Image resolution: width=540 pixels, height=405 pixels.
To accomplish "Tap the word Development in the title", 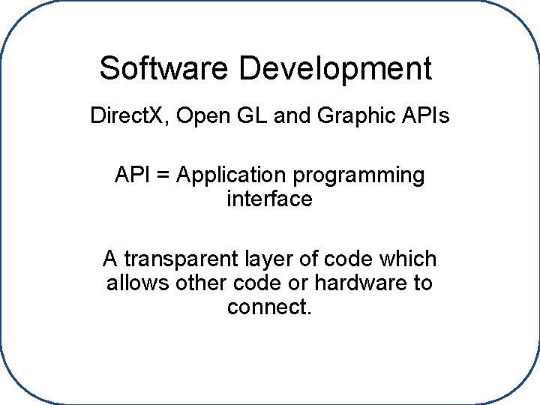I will tap(335, 69).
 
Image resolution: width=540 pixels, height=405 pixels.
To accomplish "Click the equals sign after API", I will tap(165, 175).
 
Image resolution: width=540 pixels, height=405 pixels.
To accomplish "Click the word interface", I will tap(269, 199).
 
